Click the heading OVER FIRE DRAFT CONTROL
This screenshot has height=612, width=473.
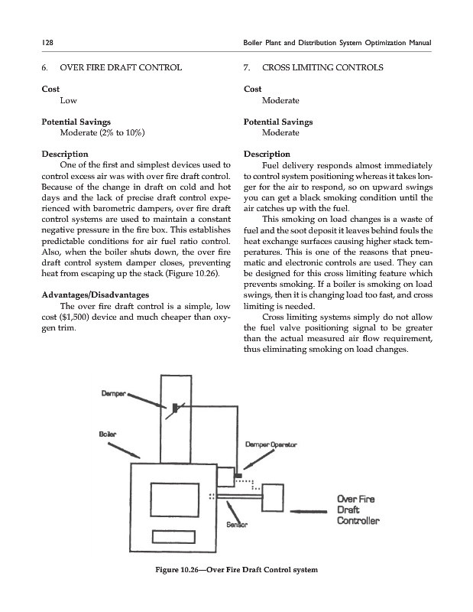(118, 68)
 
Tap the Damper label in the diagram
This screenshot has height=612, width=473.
(113, 393)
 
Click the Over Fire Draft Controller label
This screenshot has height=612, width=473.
(358, 511)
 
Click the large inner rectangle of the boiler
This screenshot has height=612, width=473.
(175, 500)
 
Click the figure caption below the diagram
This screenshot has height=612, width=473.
(235, 570)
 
